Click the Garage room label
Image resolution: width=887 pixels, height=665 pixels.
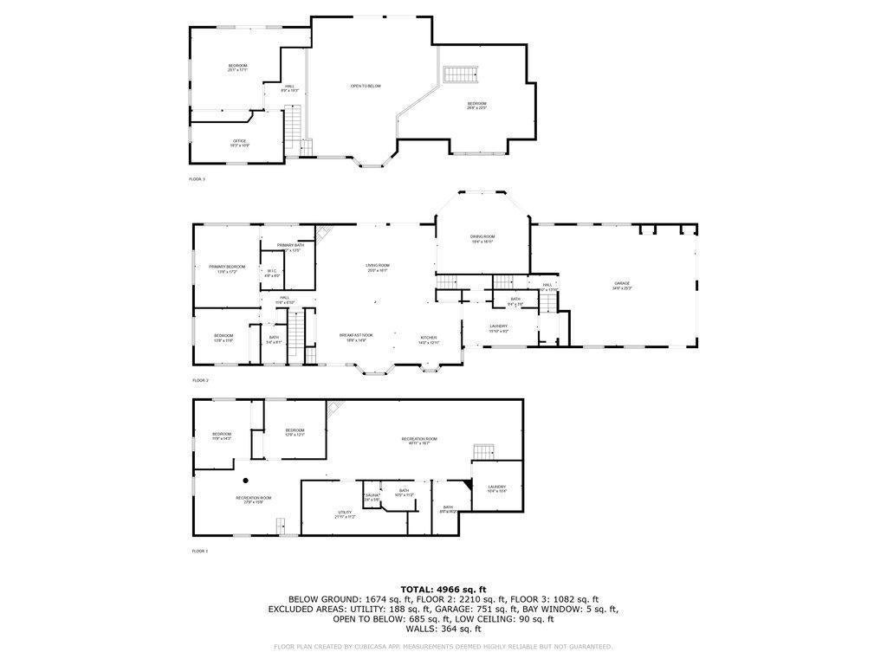622,284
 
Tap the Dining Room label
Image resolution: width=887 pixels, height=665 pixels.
482,238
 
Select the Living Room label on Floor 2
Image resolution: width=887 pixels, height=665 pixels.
377,268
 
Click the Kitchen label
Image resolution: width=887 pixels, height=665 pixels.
429,339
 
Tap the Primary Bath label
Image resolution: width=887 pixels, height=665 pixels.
291,247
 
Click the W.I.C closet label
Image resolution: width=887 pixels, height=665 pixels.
271,273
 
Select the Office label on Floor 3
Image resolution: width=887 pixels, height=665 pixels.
239,142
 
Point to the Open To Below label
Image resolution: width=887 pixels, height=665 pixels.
366,86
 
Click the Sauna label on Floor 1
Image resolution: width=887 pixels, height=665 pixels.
372,496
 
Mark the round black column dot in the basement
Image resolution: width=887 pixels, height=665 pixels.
245,479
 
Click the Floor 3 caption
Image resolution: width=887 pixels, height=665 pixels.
197,179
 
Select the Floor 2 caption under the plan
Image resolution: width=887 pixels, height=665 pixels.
200,380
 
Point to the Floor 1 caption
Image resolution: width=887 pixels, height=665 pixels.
199,551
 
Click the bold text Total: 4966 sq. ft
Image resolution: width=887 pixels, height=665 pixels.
443,589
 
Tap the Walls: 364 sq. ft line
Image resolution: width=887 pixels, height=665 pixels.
443,628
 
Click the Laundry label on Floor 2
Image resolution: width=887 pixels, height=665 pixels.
498,327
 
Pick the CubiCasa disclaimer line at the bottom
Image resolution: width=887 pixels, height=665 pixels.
443,646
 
